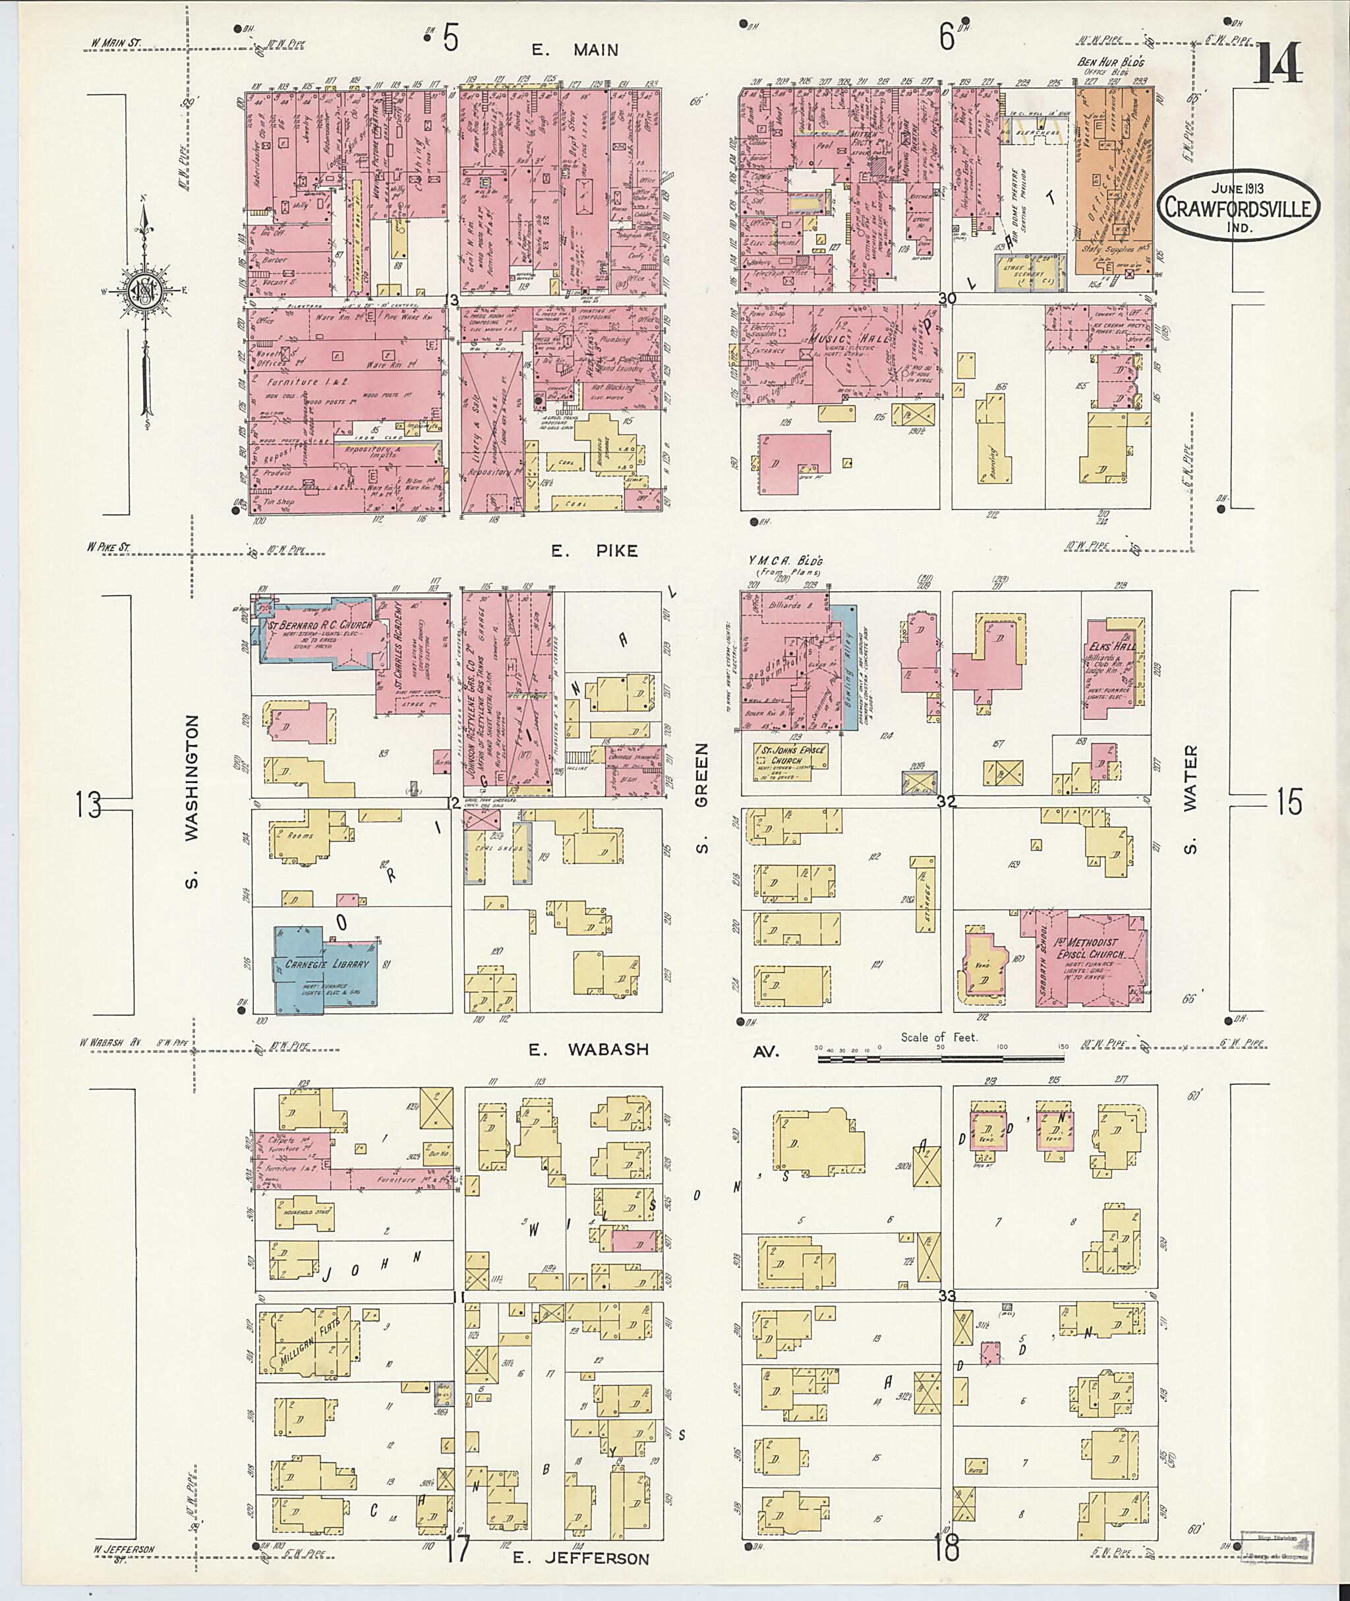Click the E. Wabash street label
pyautogui.click(x=589, y=1050)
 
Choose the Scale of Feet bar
pyautogui.click(x=941, y=1059)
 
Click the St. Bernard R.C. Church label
pyautogui.click(x=322, y=626)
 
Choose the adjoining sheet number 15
pyautogui.click(x=1289, y=803)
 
